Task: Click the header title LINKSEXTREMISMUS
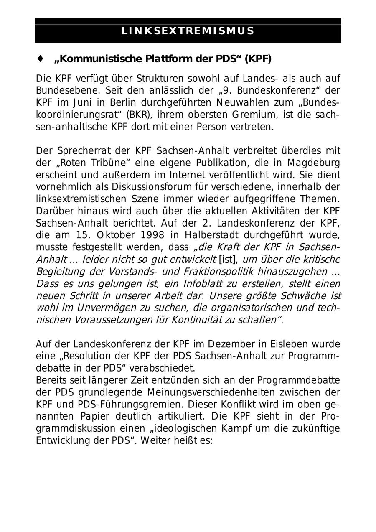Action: click(188, 31)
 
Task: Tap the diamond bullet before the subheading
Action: click(41, 59)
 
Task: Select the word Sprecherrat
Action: click(76, 150)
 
